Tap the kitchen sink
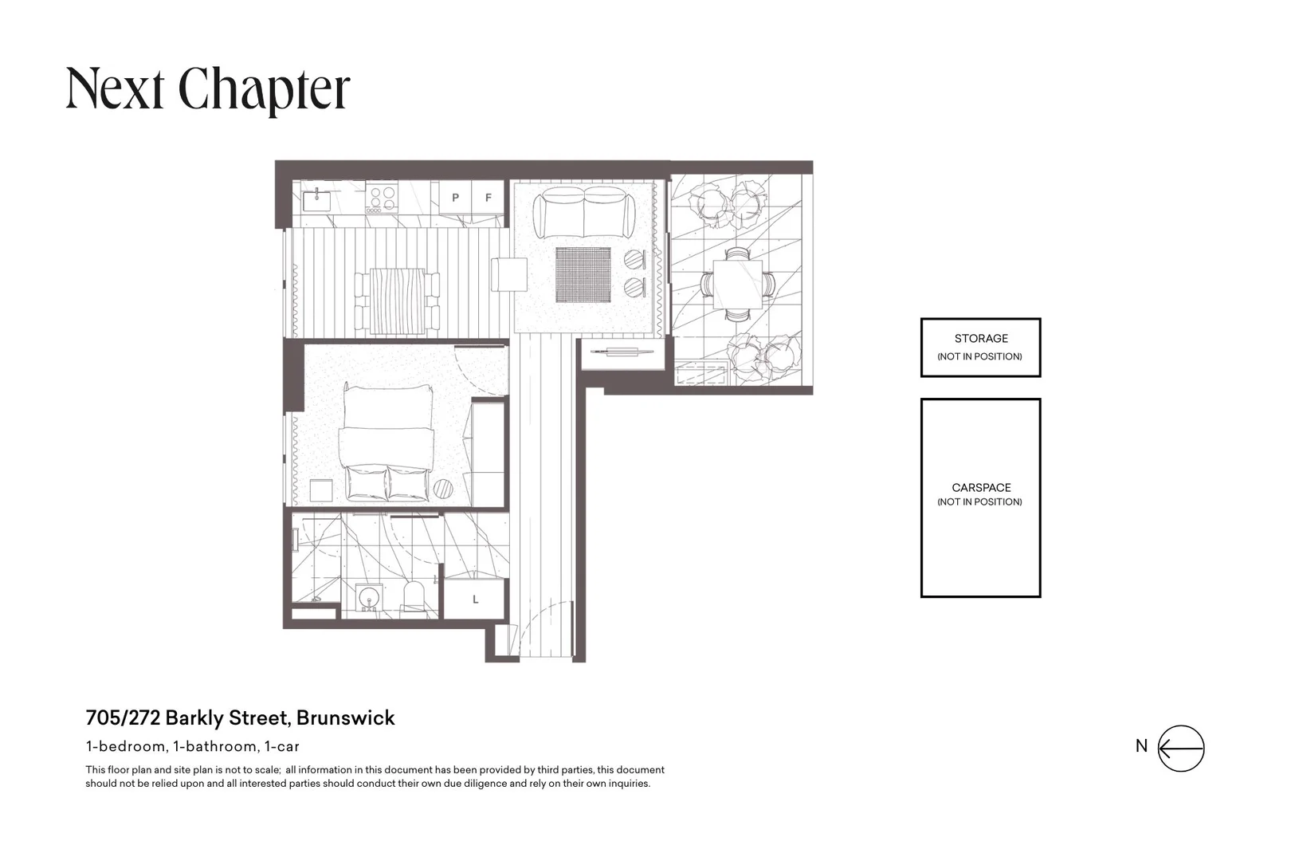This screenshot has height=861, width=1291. pyautogui.click(x=316, y=201)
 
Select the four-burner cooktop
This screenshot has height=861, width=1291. pyautogui.click(x=383, y=198)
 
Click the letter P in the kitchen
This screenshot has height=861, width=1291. pyautogui.click(x=455, y=198)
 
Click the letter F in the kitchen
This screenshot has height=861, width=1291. pyautogui.click(x=489, y=198)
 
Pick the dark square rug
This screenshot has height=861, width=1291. pyautogui.click(x=583, y=275)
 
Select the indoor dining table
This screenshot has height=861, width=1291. pyautogui.click(x=397, y=301)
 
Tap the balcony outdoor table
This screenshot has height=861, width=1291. pyautogui.click(x=738, y=285)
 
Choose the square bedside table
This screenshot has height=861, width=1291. pyautogui.click(x=321, y=490)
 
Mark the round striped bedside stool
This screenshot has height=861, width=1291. pyautogui.click(x=443, y=489)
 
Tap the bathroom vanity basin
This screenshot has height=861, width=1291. pyautogui.click(x=369, y=597)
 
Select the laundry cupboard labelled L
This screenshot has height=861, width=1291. pyautogui.click(x=475, y=599)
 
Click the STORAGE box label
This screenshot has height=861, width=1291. pyautogui.click(x=981, y=339)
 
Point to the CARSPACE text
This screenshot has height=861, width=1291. pyautogui.click(x=981, y=488)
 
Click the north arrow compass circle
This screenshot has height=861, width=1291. pyautogui.click(x=1181, y=748)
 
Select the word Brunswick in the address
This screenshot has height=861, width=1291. pyautogui.click(x=345, y=718)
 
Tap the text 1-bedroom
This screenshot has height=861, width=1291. pyautogui.click(x=126, y=746)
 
